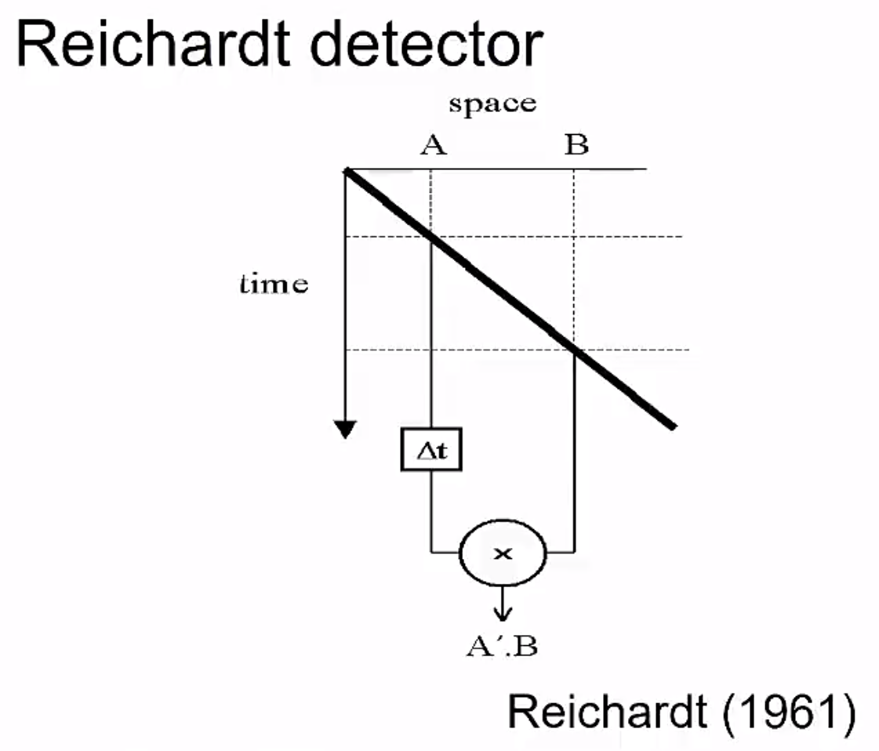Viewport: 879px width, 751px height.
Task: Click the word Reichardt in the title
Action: click(x=149, y=45)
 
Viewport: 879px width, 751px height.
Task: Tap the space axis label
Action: click(x=492, y=103)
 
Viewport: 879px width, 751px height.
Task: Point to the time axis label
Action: click(x=274, y=284)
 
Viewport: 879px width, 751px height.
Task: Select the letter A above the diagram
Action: click(x=432, y=146)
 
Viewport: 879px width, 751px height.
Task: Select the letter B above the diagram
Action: click(x=576, y=146)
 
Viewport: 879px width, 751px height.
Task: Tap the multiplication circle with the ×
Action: click(x=502, y=553)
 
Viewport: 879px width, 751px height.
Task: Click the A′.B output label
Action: click(x=502, y=647)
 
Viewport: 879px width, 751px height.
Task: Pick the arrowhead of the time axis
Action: click(x=345, y=429)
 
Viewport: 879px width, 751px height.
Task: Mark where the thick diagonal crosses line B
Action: click(x=575, y=350)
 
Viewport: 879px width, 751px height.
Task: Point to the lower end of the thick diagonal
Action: click(x=673, y=426)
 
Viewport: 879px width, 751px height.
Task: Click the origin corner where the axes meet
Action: click(x=346, y=169)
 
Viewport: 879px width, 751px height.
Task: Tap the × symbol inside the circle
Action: click(x=502, y=553)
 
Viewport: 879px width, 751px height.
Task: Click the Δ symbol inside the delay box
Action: click(x=423, y=453)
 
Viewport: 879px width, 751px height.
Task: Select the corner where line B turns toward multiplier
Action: click(x=575, y=552)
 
